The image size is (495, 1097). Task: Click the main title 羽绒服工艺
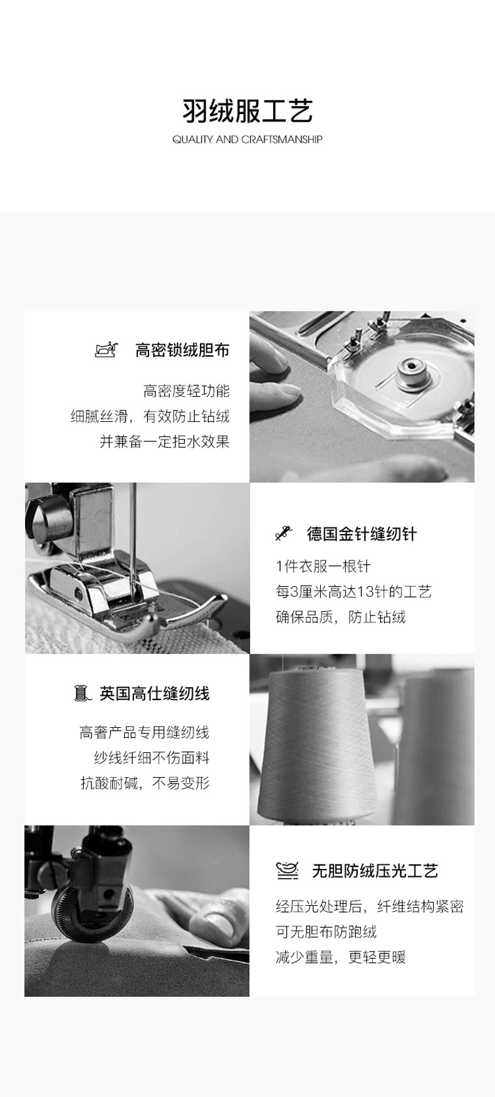click(247, 111)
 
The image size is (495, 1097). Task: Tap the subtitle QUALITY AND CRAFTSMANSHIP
click(247, 139)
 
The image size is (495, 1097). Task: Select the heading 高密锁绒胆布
click(182, 350)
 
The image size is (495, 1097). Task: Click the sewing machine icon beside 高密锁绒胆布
click(107, 349)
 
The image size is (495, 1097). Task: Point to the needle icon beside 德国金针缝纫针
click(284, 533)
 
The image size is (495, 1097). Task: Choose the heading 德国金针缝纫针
click(362, 534)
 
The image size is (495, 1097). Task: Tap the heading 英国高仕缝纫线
click(155, 693)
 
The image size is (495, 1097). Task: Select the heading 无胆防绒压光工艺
click(375, 871)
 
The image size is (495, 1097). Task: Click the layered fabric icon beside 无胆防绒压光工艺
click(287, 871)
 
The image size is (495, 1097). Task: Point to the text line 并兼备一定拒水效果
click(165, 441)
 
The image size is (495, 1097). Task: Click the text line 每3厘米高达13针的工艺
click(354, 592)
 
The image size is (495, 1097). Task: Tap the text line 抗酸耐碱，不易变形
click(145, 783)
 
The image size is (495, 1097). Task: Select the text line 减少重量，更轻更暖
click(341, 957)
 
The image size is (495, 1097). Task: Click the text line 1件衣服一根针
click(323, 567)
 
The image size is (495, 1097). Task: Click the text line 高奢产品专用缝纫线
click(145, 732)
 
